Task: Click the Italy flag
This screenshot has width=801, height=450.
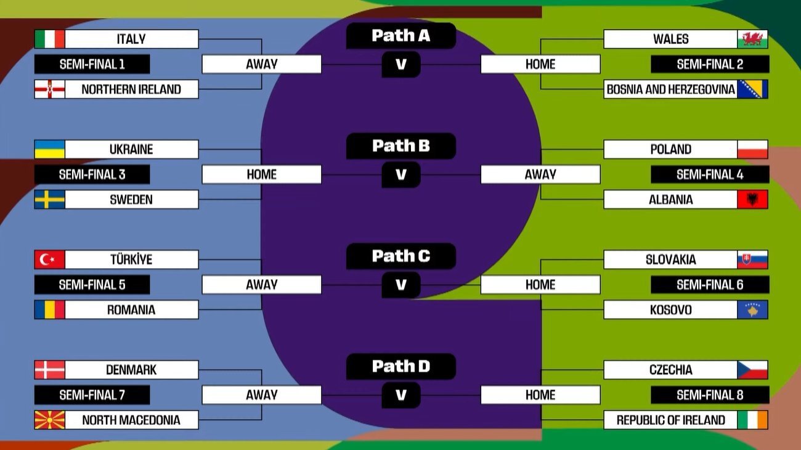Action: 49,39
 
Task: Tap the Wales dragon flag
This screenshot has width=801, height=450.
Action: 752,39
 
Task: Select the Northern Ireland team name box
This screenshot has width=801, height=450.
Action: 131,89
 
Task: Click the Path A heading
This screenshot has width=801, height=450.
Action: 400,36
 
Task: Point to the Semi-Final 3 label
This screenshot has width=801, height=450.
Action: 92,174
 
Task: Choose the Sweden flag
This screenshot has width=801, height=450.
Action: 49,200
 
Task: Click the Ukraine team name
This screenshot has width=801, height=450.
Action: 131,149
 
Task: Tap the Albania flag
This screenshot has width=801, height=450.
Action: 752,200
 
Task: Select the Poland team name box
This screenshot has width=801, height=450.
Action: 670,149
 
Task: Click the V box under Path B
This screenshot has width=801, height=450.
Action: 400,174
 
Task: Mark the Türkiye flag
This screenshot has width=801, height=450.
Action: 49,260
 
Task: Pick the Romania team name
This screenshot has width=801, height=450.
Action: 131,309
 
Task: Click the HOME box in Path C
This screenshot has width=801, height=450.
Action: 540,285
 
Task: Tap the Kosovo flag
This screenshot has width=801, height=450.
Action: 752,309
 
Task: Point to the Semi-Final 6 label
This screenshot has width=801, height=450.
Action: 710,285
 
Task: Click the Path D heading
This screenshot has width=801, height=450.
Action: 400,367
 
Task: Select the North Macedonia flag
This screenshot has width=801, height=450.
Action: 49,420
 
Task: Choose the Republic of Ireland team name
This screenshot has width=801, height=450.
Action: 670,420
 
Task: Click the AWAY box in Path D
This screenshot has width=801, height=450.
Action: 261,395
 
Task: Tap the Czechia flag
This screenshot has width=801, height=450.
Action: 752,370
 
